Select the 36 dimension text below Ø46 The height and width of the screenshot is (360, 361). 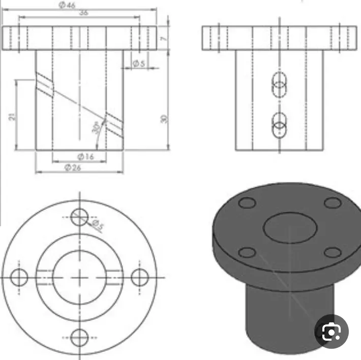[x=83, y=13]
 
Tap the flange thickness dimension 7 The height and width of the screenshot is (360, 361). [x=163, y=38]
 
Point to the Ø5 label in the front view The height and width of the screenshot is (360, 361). [x=138, y=64]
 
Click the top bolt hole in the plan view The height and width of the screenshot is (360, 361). [x=79, y=217]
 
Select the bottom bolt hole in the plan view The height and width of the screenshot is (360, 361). [x=79, y=337]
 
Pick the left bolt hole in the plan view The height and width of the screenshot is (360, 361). [x=19, y=277]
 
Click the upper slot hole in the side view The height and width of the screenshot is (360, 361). [x=279, y=85]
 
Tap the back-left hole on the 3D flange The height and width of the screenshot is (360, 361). [x=247, y=203]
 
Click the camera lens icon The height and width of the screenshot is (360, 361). [x=331, y=332]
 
